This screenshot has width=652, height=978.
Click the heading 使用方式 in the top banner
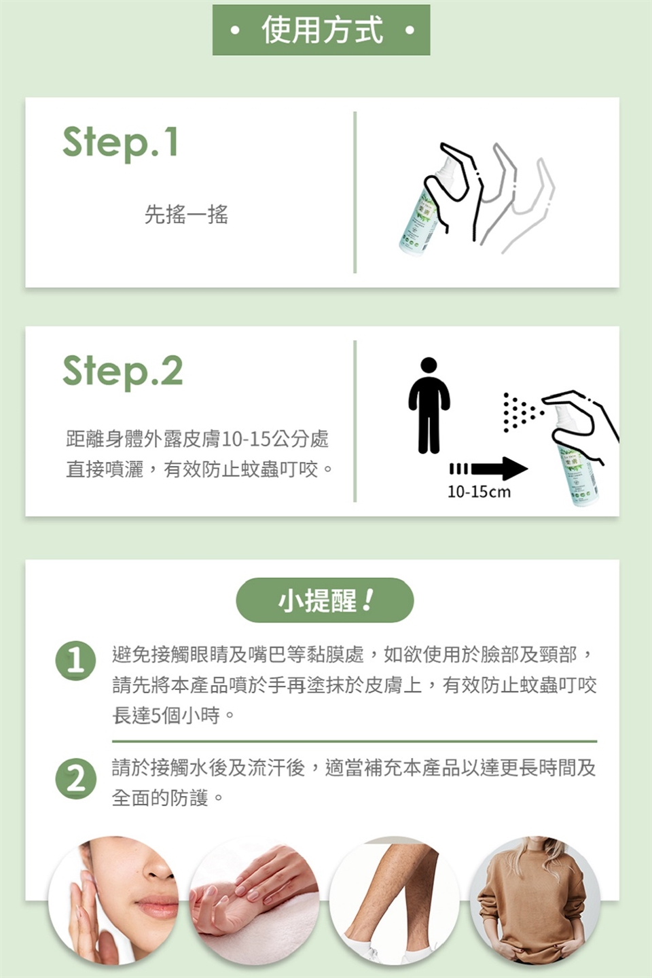coord(323,30)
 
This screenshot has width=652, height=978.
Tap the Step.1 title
coord(120,143)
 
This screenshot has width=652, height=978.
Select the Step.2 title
coord(123,371)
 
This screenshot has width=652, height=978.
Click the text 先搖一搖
coord(187,214)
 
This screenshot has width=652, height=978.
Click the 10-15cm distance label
coord(479,492)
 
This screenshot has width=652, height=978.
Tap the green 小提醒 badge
coord(325,600)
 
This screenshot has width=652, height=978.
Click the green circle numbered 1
coord(75,661)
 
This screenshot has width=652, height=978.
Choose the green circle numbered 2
coord(75,780)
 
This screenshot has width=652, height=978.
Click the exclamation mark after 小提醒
coord(368,600)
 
